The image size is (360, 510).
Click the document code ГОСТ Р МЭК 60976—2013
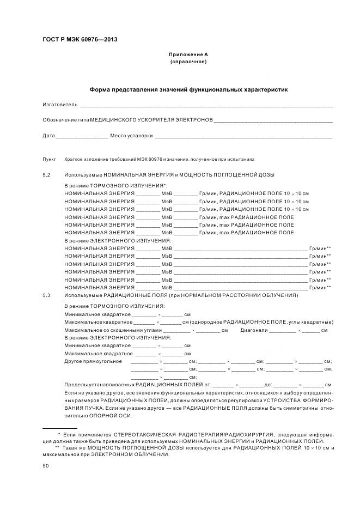pyautogui.click(x=80, y=40)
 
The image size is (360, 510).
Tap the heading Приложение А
pyautogui.click(x=188, y=54)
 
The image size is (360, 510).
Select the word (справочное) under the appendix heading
pyautogui.click(x=188, y=62)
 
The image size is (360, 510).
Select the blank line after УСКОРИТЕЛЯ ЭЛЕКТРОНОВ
pyautogui.click(x=273, y=119)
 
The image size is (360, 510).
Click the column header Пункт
pyautogui.click(x=49, y=159)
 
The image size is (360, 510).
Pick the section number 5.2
pyautogui.click(x=46, y=174)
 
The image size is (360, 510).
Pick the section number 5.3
pyautogui.click(x=46, y=295)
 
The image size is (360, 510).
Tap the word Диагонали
pyautogui.click(x=253, y=330)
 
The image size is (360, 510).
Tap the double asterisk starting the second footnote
pyautogui.click(x=57, y=448)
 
